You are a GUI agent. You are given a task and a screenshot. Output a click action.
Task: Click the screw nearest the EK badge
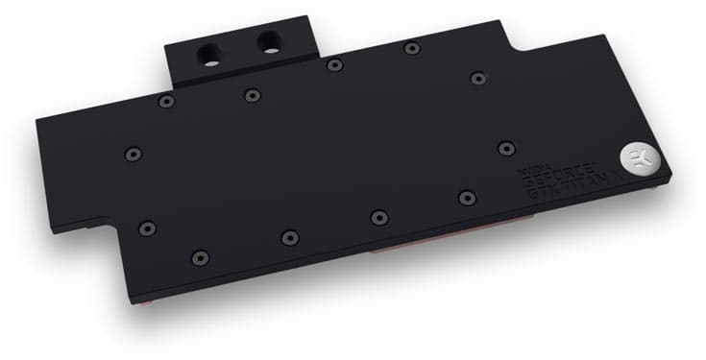point(507,148)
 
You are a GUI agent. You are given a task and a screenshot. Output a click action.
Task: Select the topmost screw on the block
point(412,48)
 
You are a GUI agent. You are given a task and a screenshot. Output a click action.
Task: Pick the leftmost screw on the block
point(134,152)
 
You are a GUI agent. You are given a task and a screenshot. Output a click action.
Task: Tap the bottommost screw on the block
point(199,256)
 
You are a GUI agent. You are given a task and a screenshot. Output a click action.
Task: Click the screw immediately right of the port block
point(332,65)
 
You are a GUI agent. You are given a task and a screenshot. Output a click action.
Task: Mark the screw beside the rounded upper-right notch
point(477,77)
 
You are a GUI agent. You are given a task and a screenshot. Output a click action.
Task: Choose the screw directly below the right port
point(252,94)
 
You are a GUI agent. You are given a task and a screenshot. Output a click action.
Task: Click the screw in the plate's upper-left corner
point(167,101)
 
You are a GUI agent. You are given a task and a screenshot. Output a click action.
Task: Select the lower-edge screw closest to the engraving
point(467,198)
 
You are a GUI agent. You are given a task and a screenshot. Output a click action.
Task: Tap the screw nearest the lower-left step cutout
point(146,228)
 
